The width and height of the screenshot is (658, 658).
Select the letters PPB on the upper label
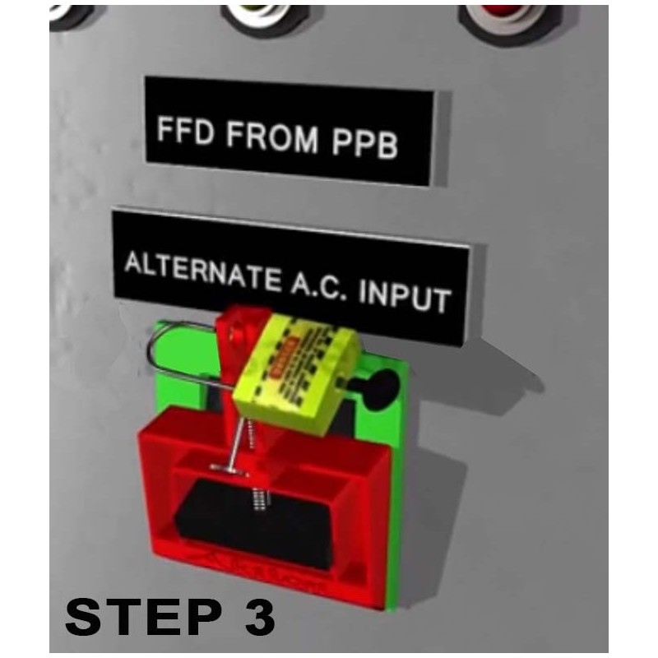(x=365, y=144)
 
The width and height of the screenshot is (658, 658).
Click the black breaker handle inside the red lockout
(x=271, y=526)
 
